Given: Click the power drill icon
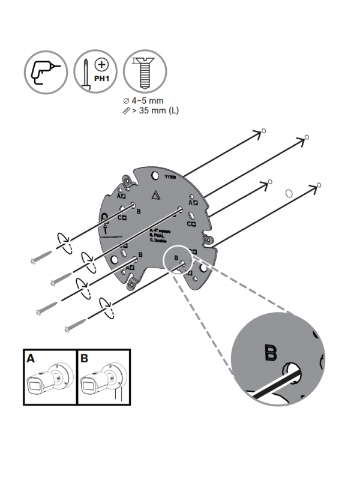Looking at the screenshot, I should tap(46, 71).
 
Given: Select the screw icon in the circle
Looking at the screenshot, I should tap(144, 71).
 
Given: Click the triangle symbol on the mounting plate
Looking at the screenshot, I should tap(156, 195).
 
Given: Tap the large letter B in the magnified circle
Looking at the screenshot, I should tap(271, 353).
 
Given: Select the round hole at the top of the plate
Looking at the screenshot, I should tap(155, 175).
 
